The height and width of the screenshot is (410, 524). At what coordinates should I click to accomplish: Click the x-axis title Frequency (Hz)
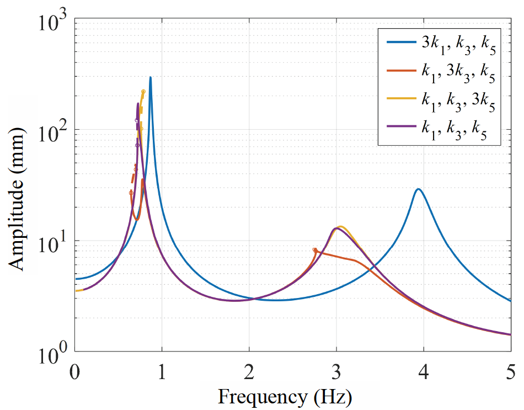tap(285, 396)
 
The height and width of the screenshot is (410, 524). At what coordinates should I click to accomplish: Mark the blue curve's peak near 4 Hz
tap(419, 189)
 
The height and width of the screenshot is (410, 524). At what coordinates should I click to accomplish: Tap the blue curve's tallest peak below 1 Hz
tap(150, 78)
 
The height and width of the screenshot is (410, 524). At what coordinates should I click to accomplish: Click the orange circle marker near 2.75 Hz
tap(315, 250)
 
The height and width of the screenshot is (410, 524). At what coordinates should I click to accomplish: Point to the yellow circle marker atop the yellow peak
tap(143, 92)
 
